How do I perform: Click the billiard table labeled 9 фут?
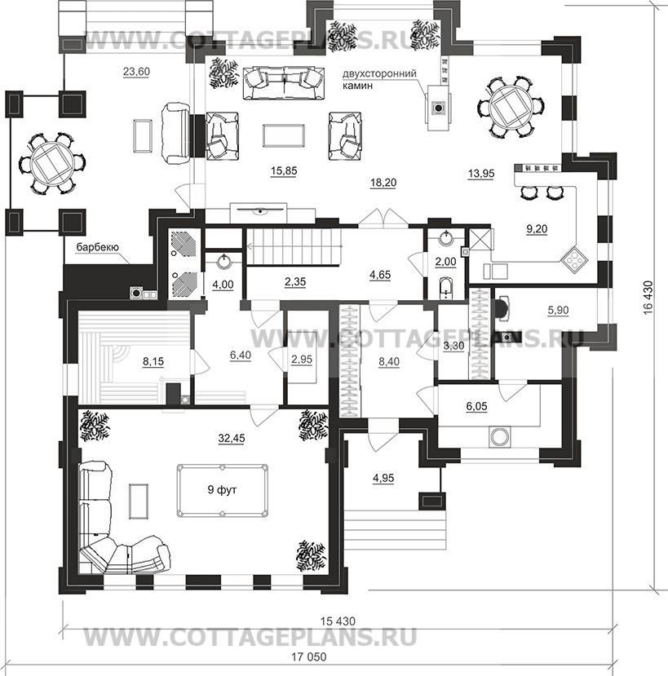[x=222, y=490]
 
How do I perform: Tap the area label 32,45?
[x=232, y=439]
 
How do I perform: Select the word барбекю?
[x=97, y=247]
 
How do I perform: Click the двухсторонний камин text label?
[x=379, y=79]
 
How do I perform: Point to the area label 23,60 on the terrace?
[x=136, y=72]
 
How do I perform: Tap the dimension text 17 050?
[x=309, y=657]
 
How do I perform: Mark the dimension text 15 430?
[x=338, y=621]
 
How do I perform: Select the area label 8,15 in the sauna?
[x=153, y=362]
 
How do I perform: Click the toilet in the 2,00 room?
[x=445, y=288]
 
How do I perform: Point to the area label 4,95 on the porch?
[x=382, y=478]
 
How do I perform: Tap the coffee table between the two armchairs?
[x=284, y=135]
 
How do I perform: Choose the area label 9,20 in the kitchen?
[x=537, y=229]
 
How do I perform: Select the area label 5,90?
[x=558, y=310]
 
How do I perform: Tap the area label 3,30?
[x=453, y=347]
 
